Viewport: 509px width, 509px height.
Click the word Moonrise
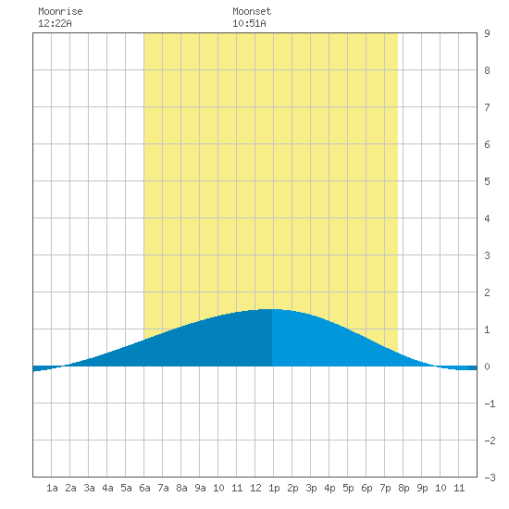[x=60, y=11]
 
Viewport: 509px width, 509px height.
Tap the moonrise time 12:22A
[x=55, y=23]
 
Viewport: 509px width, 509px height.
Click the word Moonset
[x=252, y=11]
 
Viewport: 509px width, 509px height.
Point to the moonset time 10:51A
[x=249, y=23]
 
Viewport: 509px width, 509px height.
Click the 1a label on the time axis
[x=52, y=488]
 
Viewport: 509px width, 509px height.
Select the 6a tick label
[x=144, y=488]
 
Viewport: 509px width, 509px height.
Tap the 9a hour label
[x=200, y=488]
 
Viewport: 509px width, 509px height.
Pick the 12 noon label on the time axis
[x=255, y=488]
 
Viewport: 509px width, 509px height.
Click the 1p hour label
[x=274, y=488]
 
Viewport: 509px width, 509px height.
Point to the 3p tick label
[x=311, y=488]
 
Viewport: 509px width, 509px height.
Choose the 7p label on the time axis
[x=385, y=488]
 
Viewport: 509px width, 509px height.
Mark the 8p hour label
[x=403, y=488]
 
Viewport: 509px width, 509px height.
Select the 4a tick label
[x=107, y=488]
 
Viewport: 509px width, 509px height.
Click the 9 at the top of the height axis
[x=487, y=33]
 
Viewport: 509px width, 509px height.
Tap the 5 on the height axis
[x=487, y=181]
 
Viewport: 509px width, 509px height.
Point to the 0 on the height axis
[x=487, y=366]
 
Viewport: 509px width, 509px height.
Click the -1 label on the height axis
[x=490, y=403]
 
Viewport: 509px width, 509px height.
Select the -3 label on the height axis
[x=490, y=478]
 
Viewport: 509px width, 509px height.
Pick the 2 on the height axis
[x=487, y=292]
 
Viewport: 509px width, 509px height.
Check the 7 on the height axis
[x=487, y=107]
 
